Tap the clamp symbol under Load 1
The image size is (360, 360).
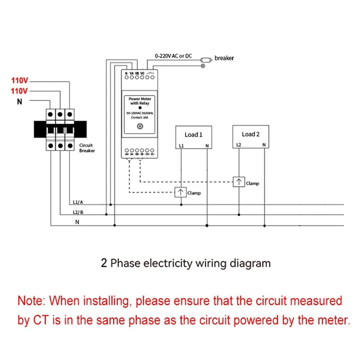coord(180,193)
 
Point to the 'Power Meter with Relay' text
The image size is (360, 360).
coord(139,101)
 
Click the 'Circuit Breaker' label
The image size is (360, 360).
coord(87,148)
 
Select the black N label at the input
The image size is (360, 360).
coord(19,102)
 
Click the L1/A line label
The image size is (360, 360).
coord(77,202)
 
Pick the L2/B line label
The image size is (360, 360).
coord(77,212)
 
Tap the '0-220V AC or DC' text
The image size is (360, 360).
coord(173,56)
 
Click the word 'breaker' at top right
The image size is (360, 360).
coord(224,58)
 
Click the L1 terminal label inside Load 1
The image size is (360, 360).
coord(181,145)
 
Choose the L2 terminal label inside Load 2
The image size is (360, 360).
coord(238,144)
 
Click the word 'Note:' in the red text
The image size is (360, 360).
coord(32,300)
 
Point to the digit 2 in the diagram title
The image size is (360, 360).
coord(104,263)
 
